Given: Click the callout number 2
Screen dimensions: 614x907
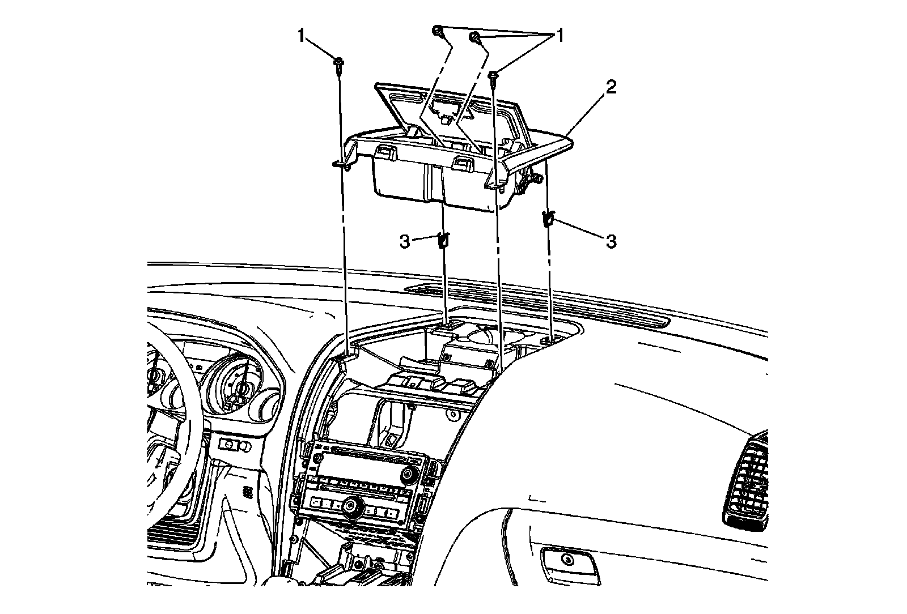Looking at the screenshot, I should (611, 87).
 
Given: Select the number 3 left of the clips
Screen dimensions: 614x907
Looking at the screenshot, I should (404, 242).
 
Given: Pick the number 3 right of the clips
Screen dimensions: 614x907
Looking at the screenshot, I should (611, 242).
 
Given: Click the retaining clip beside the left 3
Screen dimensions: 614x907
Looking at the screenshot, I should (444, 240).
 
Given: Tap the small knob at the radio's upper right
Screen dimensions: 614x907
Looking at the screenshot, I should (408, 474).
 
